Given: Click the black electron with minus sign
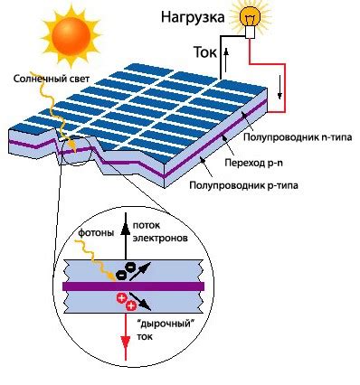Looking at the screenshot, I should point(132,268).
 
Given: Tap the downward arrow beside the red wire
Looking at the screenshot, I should point(281,89).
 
